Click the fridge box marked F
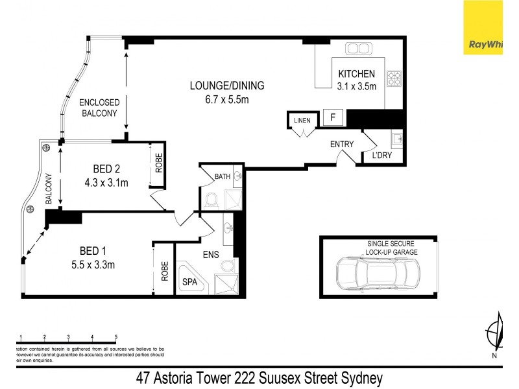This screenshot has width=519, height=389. (x=333, y=118)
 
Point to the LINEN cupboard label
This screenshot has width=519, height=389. (x=302, y=121)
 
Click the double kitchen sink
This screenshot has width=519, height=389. (x=357, y=49)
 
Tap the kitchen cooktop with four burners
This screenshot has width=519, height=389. (x=394, y=78)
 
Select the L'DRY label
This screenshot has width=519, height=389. (x=381, y=156)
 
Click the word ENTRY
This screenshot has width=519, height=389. (x=341, y=144)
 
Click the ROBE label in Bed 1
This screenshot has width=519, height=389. (x=165, y=268)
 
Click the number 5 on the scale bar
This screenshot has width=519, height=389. (x=116, y=336)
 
